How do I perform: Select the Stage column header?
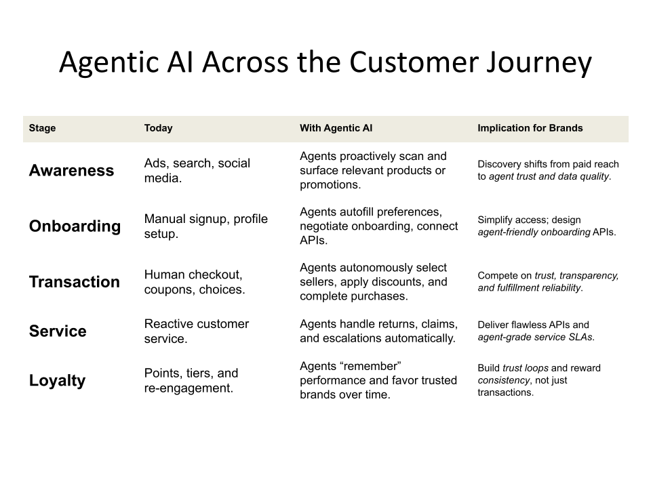pos(42,128)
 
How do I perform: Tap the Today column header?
pos(158,128)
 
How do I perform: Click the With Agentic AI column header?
pos(336,128)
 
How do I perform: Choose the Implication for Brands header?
pos(530,128)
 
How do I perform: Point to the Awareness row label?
pos(71,171)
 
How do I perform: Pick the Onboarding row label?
pos(75,226)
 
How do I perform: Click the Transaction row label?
pos(74,282)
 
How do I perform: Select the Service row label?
pos(58,331)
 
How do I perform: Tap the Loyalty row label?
pos(57,381)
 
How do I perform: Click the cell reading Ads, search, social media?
pos(197,170)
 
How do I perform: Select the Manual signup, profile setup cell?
pos(205,226)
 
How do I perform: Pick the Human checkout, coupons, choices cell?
pos(195,282)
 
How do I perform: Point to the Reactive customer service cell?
pos(196,331)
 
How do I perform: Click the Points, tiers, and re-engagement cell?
pos(191,380)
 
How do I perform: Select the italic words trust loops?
pos(526,368)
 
